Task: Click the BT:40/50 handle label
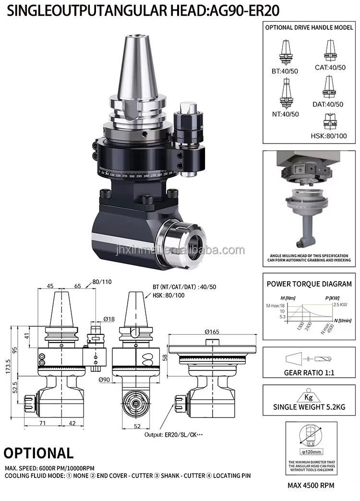coord(284,71)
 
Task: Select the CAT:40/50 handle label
coord(330,67)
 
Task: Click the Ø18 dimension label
coord(109,319)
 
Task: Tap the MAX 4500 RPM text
coord(311,485)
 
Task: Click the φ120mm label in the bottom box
coord(310,452)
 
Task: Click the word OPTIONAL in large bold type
coord(39,453)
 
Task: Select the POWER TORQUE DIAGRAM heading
coord(309,284)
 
